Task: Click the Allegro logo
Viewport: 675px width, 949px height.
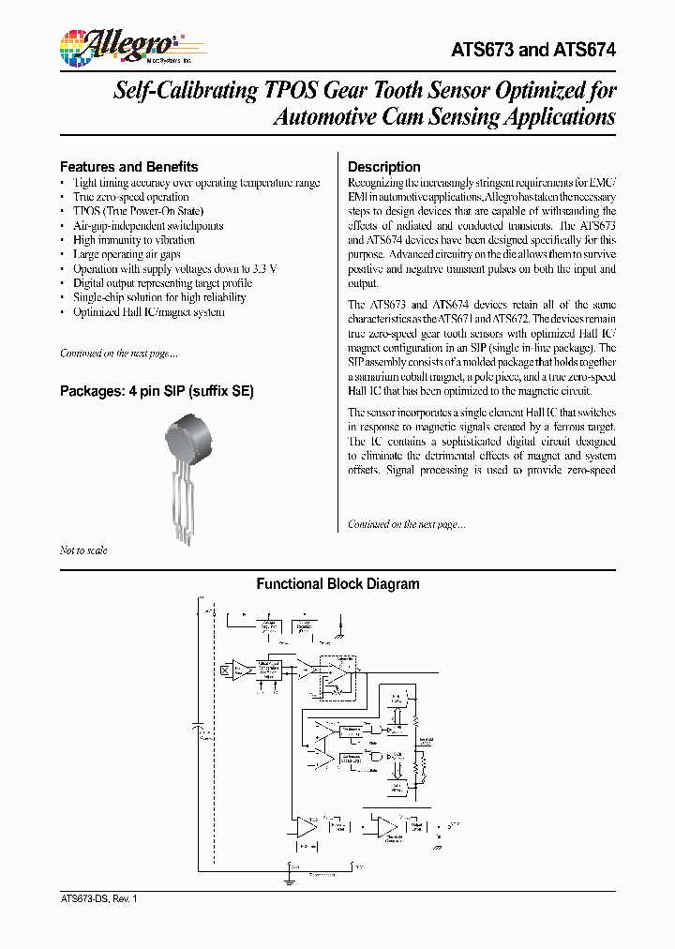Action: (x=116, y=46)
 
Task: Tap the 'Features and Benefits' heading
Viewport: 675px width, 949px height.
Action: (x=128, y=167)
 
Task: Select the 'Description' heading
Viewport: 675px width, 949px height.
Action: (x=384, y=167)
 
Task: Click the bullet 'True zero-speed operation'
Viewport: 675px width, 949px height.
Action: (x=130, y=197)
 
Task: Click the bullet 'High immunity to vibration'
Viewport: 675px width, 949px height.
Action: (x=133, y=240)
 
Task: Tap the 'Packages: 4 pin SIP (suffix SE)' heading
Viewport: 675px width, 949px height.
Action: (x=157, y=391)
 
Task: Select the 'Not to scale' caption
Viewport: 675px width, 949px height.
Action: (x=83, y=550)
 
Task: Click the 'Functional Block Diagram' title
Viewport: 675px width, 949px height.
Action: (x=337, y=584)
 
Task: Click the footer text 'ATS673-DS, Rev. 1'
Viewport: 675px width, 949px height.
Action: (x=98, y=898)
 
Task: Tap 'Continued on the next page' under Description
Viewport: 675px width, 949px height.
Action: (x=406, y=524)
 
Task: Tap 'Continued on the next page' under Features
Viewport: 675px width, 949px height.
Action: (x=118, y=354)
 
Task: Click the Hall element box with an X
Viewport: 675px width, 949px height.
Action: (x=225, y=670)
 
